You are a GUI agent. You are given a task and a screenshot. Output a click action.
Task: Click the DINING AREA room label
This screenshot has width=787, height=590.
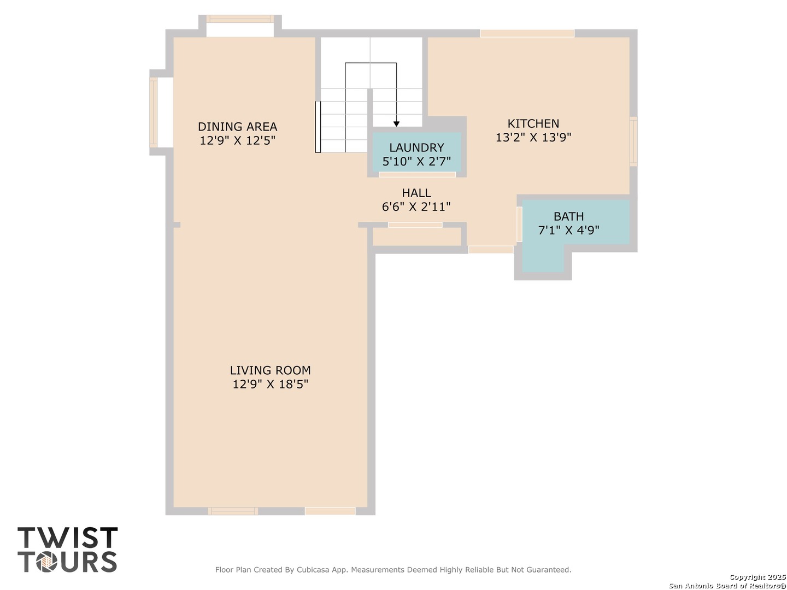click(237, 126)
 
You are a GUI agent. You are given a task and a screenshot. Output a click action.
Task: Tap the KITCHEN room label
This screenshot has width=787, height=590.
click(533, 123)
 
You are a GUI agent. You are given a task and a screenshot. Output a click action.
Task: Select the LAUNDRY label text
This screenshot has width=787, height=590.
click(416, 147)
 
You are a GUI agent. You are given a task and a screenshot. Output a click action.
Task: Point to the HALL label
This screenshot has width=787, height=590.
click(416, 193)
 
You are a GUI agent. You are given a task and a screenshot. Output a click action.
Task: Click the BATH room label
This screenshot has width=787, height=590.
click(568, 216)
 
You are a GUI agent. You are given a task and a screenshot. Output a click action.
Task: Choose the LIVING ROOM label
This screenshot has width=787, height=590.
click(270, 370)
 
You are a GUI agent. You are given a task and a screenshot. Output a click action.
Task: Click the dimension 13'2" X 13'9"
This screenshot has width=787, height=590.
click(533, 138)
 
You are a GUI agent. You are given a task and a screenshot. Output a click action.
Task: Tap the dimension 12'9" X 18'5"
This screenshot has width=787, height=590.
click(270, 384)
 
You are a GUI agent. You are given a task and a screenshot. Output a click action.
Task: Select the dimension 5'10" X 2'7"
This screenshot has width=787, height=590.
click(416, 162)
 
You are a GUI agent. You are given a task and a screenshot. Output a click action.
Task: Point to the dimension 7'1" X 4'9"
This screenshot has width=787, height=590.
click(568, 230)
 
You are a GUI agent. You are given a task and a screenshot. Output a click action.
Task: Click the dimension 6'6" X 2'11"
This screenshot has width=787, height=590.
click(416, 206)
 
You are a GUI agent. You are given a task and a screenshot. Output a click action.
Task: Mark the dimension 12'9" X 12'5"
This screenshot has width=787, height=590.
click(237, 140)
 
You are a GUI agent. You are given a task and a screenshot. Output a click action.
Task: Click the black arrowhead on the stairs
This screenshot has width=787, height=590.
click(396, 124)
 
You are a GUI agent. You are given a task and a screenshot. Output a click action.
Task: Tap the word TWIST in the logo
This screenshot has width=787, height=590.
click(67, 538)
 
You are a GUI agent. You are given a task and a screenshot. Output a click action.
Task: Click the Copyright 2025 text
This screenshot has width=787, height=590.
click(757, 577)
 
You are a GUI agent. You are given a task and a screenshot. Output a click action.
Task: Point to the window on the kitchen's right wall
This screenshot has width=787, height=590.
click(633, 141)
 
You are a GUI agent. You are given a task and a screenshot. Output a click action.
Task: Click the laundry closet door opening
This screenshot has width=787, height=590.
click(417, 174)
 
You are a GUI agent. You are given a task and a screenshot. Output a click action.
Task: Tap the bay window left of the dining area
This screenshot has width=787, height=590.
click(154, 113)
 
